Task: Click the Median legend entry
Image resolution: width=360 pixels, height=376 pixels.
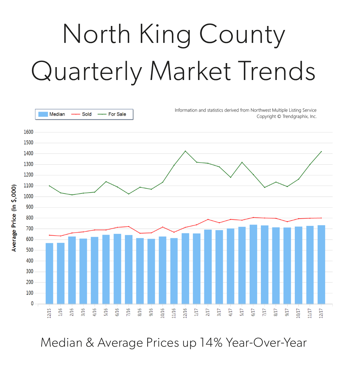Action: pos(52,114)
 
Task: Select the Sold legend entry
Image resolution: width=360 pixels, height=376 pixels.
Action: pos(82,114)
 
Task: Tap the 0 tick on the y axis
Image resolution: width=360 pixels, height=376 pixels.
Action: pos(32,304)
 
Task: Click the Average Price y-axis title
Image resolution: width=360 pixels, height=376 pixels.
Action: pos(14,218)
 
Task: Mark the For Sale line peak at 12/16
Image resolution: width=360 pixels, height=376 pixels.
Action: pos(185,151)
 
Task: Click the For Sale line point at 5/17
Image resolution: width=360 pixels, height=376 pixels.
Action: pos(242,162)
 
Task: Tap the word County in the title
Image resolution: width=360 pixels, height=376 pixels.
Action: pos(242,35)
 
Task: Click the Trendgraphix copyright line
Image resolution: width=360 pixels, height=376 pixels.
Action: pos(286,116)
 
